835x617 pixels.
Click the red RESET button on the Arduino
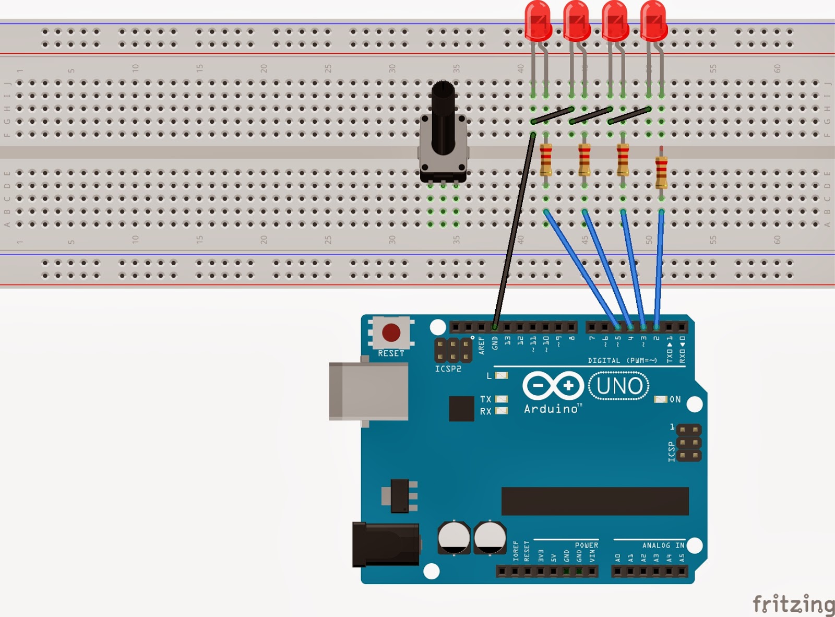pyautogui.click(x=391, y=332)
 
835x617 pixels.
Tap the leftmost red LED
pyautogui.click(x=538, y=21)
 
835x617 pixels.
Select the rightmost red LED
pyautogui.click(x=653, y=21)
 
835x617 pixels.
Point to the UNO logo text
pyautogui.click(x=619, y=386)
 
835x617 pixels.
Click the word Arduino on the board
pyautogui.click(x=551, y=409)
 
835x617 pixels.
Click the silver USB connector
pyautogui.click(x=368, y=391)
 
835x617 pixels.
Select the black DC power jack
pyautogui.click(x=385, y=544)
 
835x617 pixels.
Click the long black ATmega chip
pyautogui.click(x=595, y=501)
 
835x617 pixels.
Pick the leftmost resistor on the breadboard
pyautogui.click(x=545, y=160)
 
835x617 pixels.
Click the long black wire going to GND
pyautogui.click(x=514, y=230)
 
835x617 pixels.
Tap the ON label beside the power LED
pyautogui.click(x=675, y=399)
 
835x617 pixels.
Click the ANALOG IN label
pyautogui.click(x=663, y=545)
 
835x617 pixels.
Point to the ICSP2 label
pyautogui.click(x=448, y=369)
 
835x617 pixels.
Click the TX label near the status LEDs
pyautogui.click(x=485, y=399)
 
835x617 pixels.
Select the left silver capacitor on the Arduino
pyautogui.click(x=454, y=537)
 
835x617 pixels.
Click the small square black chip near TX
pyautogui.click(x=461, y=408)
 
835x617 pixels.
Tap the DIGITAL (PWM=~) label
pyautogui.click(x=622, y=360)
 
